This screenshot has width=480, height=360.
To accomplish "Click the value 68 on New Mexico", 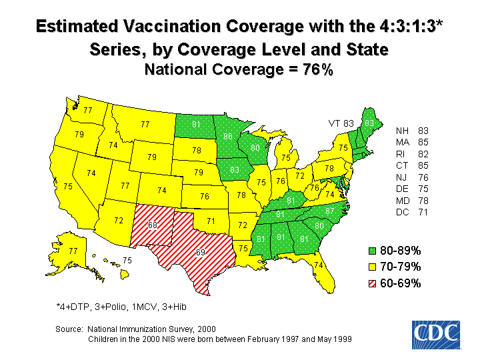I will coord(153,225).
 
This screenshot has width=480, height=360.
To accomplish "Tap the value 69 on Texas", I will coord(200,252).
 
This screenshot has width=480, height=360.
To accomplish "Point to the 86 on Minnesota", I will coord(228,137).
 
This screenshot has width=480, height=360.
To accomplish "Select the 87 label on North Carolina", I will coord(329,211).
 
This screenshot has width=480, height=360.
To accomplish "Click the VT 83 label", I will coord(340,123).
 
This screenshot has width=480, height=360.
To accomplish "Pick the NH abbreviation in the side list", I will coord(402,130).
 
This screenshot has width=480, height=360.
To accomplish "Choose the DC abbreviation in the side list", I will coord(402,213).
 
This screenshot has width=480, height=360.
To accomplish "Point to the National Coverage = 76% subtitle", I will coord(239,69).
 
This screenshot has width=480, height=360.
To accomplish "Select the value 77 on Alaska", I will coord(73,251).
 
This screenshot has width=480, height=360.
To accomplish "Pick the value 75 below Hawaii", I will coord(127,259).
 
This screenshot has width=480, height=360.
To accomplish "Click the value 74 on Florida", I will coord(319,265).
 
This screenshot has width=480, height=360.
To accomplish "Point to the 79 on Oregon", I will coord(79,135).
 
